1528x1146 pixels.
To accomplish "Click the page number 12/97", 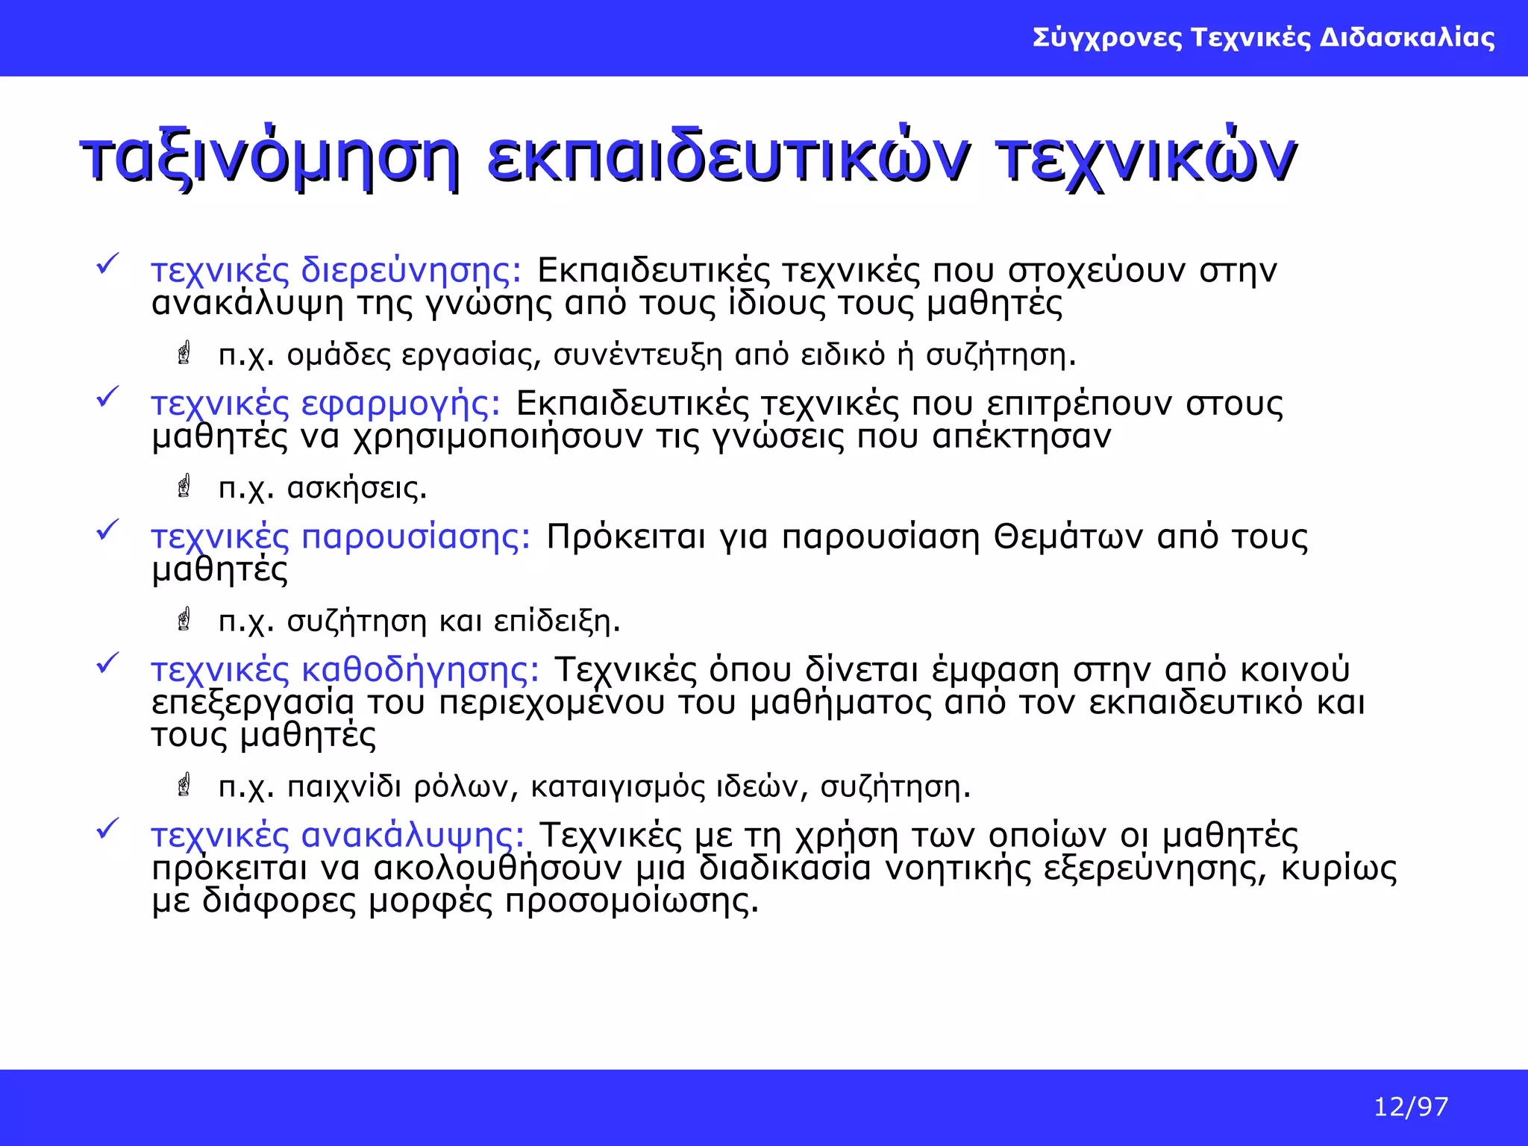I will point(1411,1106).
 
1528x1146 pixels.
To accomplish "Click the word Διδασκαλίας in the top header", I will point(1407,37).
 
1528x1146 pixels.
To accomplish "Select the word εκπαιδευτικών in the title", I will point(728,158).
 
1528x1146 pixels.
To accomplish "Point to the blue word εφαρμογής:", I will point(401,404).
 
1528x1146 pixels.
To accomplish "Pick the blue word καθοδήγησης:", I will point(420,669).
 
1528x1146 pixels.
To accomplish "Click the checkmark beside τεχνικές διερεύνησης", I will point(108,264).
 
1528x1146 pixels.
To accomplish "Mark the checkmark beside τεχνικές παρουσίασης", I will point(108,530).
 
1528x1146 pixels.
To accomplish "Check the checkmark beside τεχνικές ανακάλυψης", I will point(108,829).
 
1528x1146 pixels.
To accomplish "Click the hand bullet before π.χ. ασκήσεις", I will point(184,486).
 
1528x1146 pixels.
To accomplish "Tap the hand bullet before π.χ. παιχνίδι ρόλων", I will point(184,785).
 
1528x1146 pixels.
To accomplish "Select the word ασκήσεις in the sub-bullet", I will point(357,488).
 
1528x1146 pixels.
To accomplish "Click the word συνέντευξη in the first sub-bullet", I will point(638,355).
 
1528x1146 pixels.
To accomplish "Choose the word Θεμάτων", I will point(1068,536).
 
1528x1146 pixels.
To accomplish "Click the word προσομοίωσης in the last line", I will point(631,901).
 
